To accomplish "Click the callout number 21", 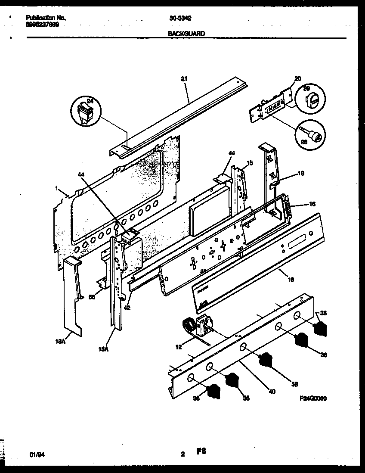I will click(185, 79).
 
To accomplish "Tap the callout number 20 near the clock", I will click(297, 79).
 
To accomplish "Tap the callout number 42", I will click(127, 308).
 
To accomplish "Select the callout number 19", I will click(291, 280).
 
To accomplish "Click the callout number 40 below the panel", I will click(272, 392).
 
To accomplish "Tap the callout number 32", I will click(294, 384).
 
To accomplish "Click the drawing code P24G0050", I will click(313, 398).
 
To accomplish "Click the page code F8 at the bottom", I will click(201, 452).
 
